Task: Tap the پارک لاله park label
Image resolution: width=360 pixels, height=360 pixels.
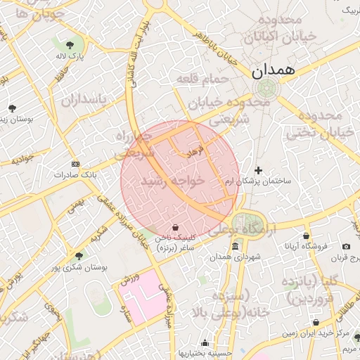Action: click(70, 55)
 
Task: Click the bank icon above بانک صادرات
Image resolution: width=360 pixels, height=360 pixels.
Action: click(76, 163)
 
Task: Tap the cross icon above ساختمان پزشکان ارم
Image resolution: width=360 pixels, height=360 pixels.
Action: click(259, 170)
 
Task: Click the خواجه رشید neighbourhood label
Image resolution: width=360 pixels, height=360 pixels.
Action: click(172, 181)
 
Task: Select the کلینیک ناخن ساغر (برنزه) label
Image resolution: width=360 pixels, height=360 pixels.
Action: click(176, 243)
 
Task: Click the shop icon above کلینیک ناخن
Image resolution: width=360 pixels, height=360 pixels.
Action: click(175, 226)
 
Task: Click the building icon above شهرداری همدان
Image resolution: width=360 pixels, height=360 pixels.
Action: click(235, 246)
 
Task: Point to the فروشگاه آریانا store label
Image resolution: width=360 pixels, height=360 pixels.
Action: click(307, 246)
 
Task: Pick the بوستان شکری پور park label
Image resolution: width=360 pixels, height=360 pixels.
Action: click(79, 267)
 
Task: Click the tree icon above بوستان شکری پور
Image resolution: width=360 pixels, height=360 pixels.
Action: click(79, 256)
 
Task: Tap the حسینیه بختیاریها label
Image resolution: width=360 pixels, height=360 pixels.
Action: click(203, 353)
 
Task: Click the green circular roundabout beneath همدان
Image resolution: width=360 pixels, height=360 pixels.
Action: click(266, 89)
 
